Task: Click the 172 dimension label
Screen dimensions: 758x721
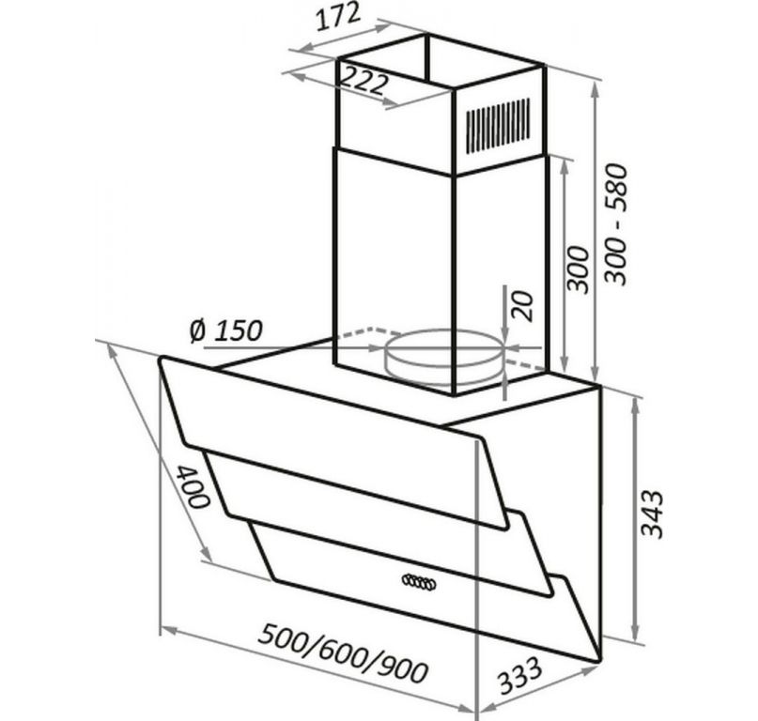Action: tap(338, 16)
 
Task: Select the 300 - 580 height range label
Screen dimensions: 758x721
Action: tap(615, 224)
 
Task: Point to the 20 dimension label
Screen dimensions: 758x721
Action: tap(522, 306)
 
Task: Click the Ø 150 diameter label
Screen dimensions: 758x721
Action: tap(226, 331)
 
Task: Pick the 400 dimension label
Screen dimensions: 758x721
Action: tap(193, 487)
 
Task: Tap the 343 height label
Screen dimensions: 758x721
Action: tap(651, 514)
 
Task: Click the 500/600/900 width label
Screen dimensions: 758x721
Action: tap(343, 652)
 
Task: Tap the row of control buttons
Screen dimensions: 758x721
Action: tap(419, 582)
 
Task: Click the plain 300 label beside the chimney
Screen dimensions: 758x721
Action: tap(579, 269)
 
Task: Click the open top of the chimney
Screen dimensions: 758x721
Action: tap(441, 61)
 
